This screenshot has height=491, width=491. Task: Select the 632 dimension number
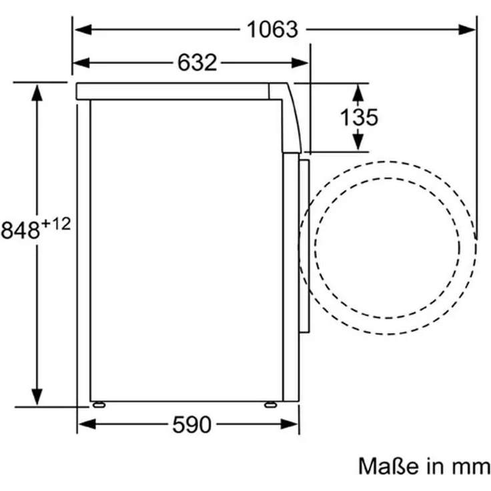tap(197, 63)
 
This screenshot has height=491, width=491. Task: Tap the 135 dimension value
tap(359, 117)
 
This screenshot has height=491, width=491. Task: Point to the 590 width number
tap(191, 424)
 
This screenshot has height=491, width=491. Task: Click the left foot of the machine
tap(99, 404)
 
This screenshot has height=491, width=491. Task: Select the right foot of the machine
tap(270, 404)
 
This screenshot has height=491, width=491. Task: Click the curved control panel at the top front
tap(291, 117)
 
